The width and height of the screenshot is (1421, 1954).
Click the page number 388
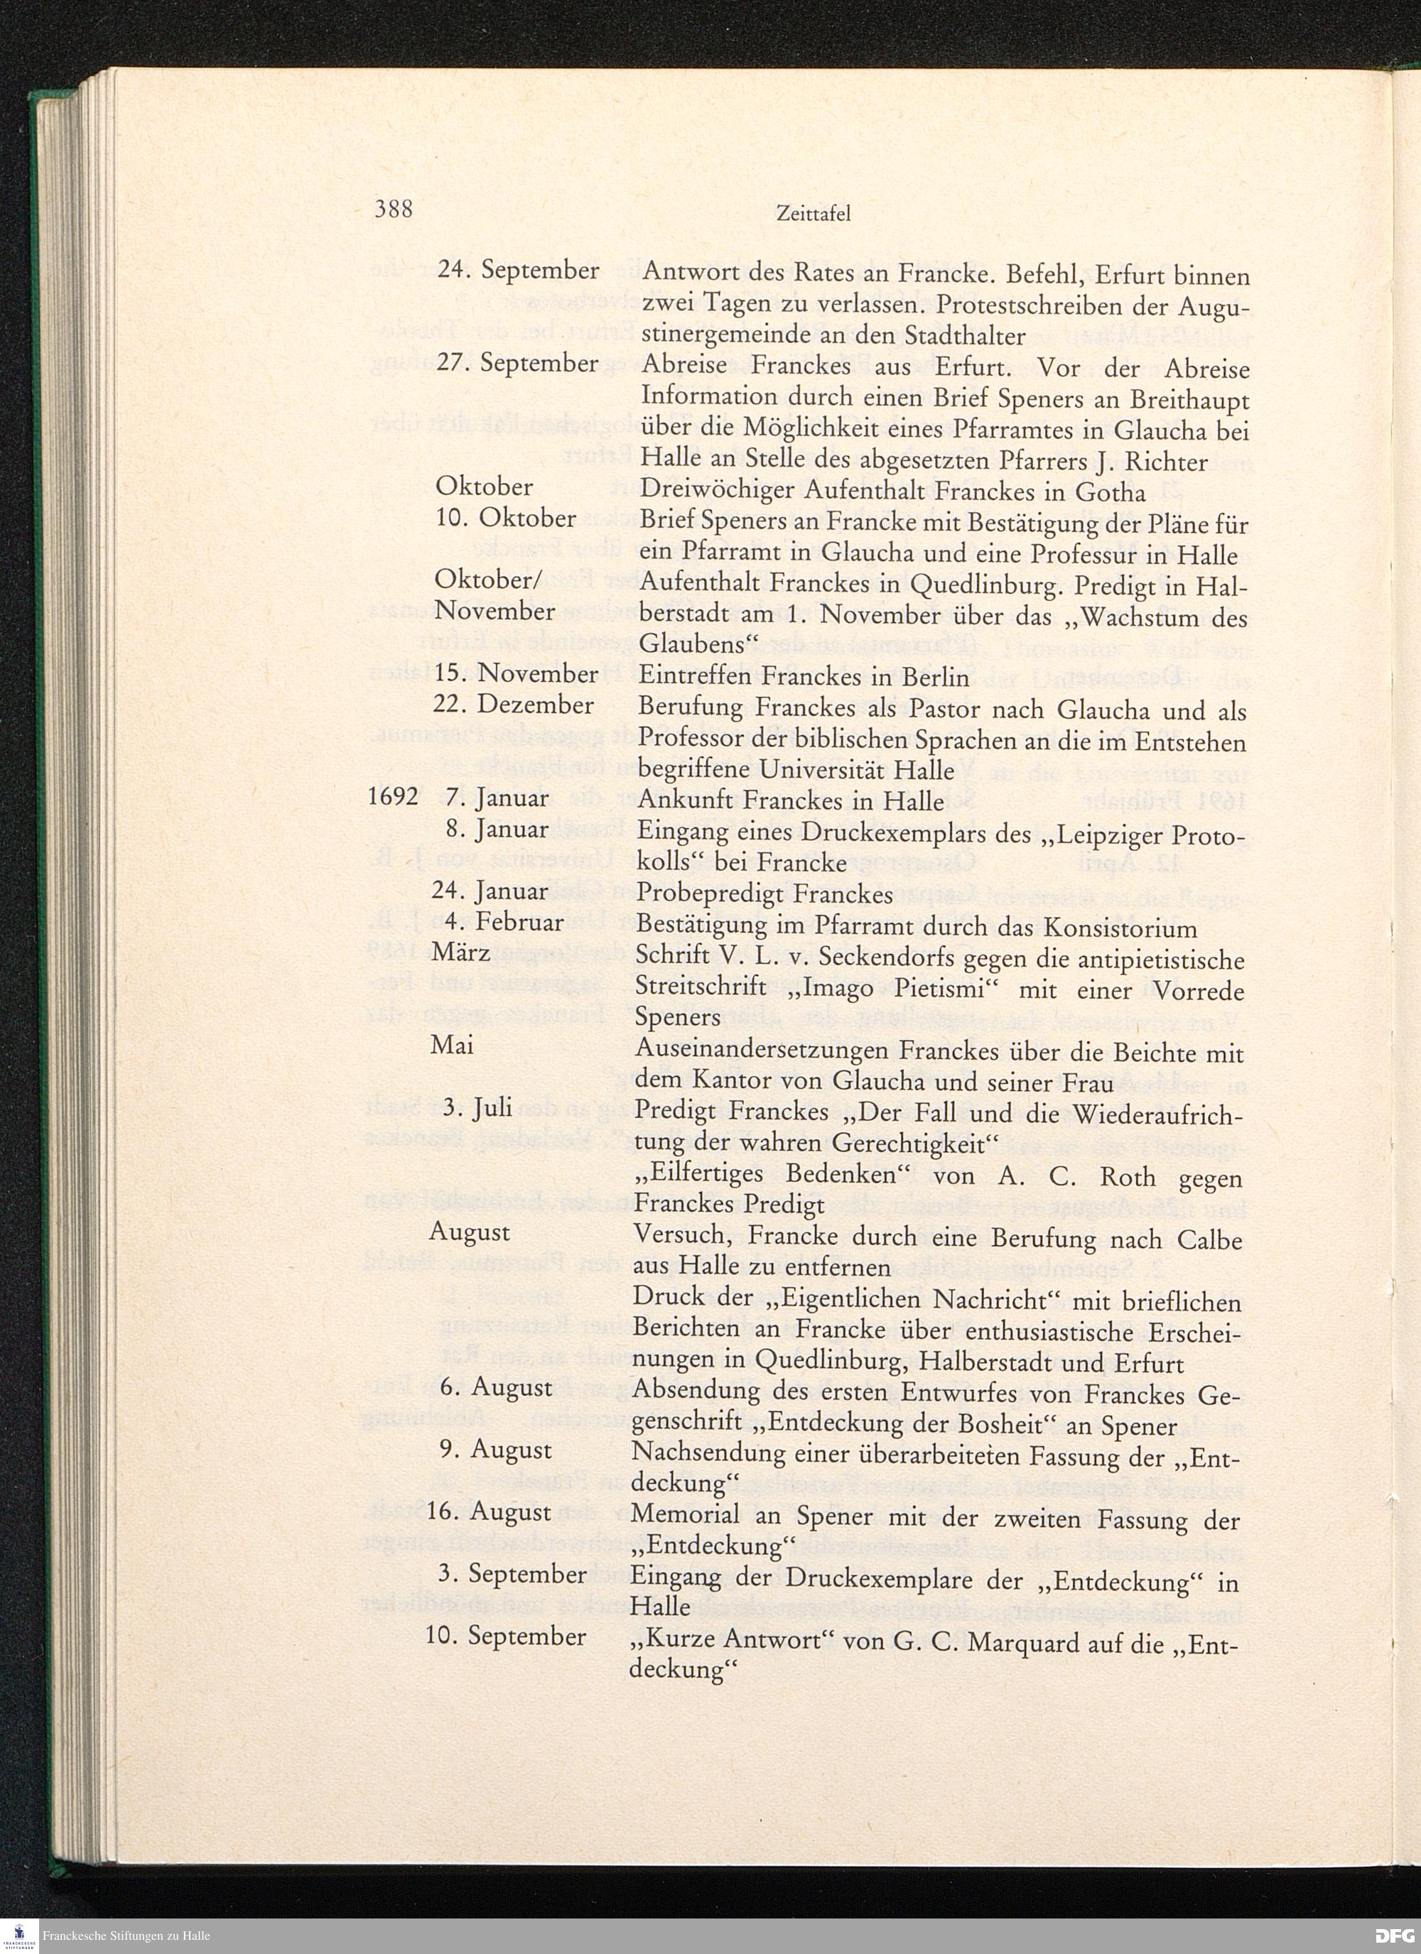[394, 210]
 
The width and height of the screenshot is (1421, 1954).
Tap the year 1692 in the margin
[393, 797]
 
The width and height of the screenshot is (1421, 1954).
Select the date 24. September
[518, 271]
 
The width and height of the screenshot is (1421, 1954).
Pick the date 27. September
[518, 363]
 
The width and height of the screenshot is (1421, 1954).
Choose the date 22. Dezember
[514, 705]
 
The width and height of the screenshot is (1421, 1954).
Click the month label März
[461, 953]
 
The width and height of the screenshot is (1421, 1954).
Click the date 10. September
[506, 1636]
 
